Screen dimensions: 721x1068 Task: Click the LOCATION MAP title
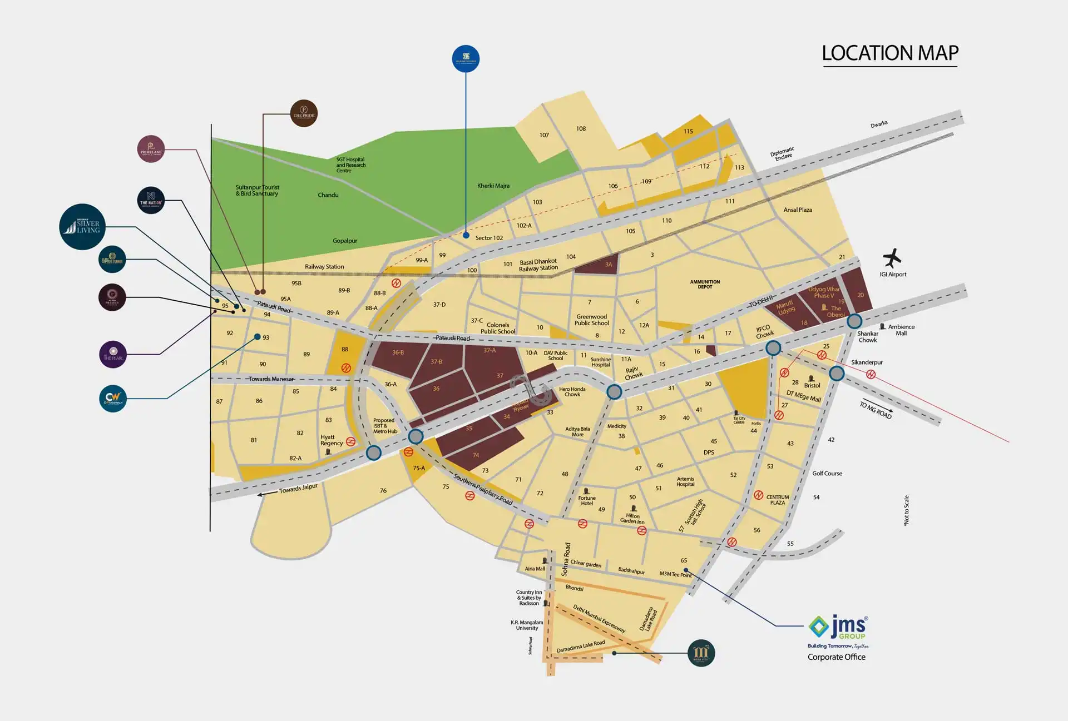[x=890, y=53]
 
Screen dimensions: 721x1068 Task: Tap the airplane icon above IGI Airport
[x=892, y=258]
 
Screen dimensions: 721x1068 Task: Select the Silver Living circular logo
[x=82, y=227]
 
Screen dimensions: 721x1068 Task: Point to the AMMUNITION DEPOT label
[x=705, y=284]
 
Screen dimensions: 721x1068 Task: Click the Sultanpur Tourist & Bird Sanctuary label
[x=257, y=190]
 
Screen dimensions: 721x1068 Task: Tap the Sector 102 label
[x=489, y=238]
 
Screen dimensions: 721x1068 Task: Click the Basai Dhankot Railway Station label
[x=538, y=265]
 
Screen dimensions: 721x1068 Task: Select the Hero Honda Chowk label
[x=572, y=392]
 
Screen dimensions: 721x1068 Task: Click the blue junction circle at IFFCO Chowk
[x=773, y=349]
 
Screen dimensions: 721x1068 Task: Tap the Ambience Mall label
[x=901, y=330]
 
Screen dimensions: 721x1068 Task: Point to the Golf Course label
[x=827, y=474]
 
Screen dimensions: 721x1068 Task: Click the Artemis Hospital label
[x=685, y=481]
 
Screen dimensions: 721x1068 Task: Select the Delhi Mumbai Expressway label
[x=600, y=619]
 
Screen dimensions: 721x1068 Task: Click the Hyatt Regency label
[x=332, y=440]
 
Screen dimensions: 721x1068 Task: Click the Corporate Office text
[x=836, y=657]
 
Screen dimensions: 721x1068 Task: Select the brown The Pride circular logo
[x=304, y=113]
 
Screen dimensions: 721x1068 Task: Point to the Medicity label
[x=616, y=426]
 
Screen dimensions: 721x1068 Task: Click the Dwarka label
[x=879, y=125]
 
